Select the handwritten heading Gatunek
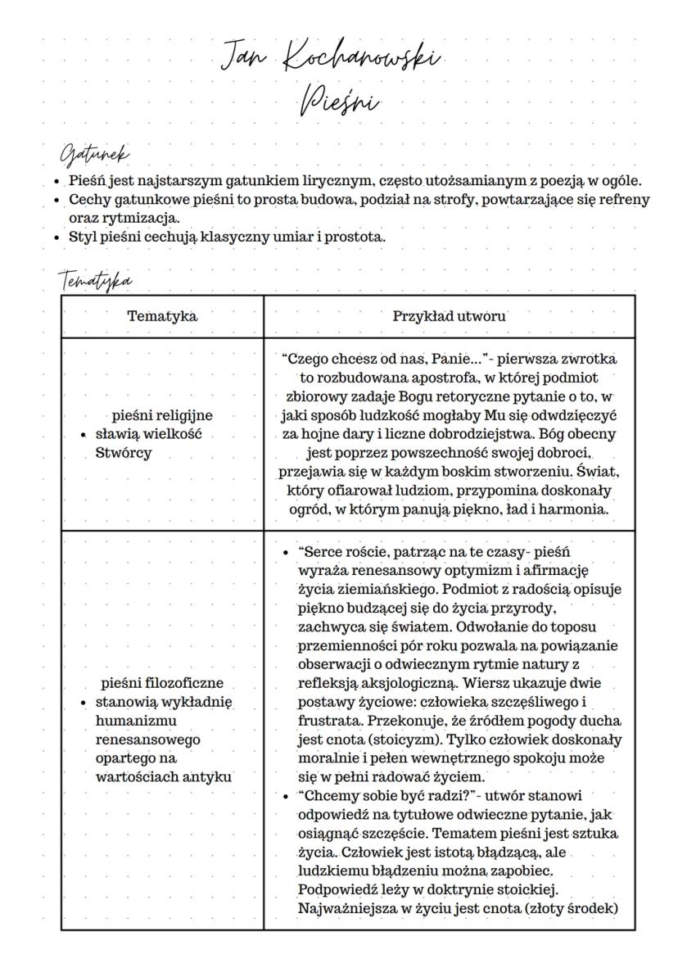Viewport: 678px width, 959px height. pyautogui.click(x=95, y=154)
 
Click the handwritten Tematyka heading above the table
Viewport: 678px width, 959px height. pyautogui.click(x=96, y=280)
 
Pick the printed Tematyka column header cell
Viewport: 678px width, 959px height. pyautogui.click(x=162, y=316)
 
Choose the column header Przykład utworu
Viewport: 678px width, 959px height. pyautogui.click(x=449, y=316)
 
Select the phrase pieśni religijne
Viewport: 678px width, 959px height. pyautogui.click(x=162, y=415)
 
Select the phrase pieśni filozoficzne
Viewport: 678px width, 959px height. pyautogui.click(x=162, y=682)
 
